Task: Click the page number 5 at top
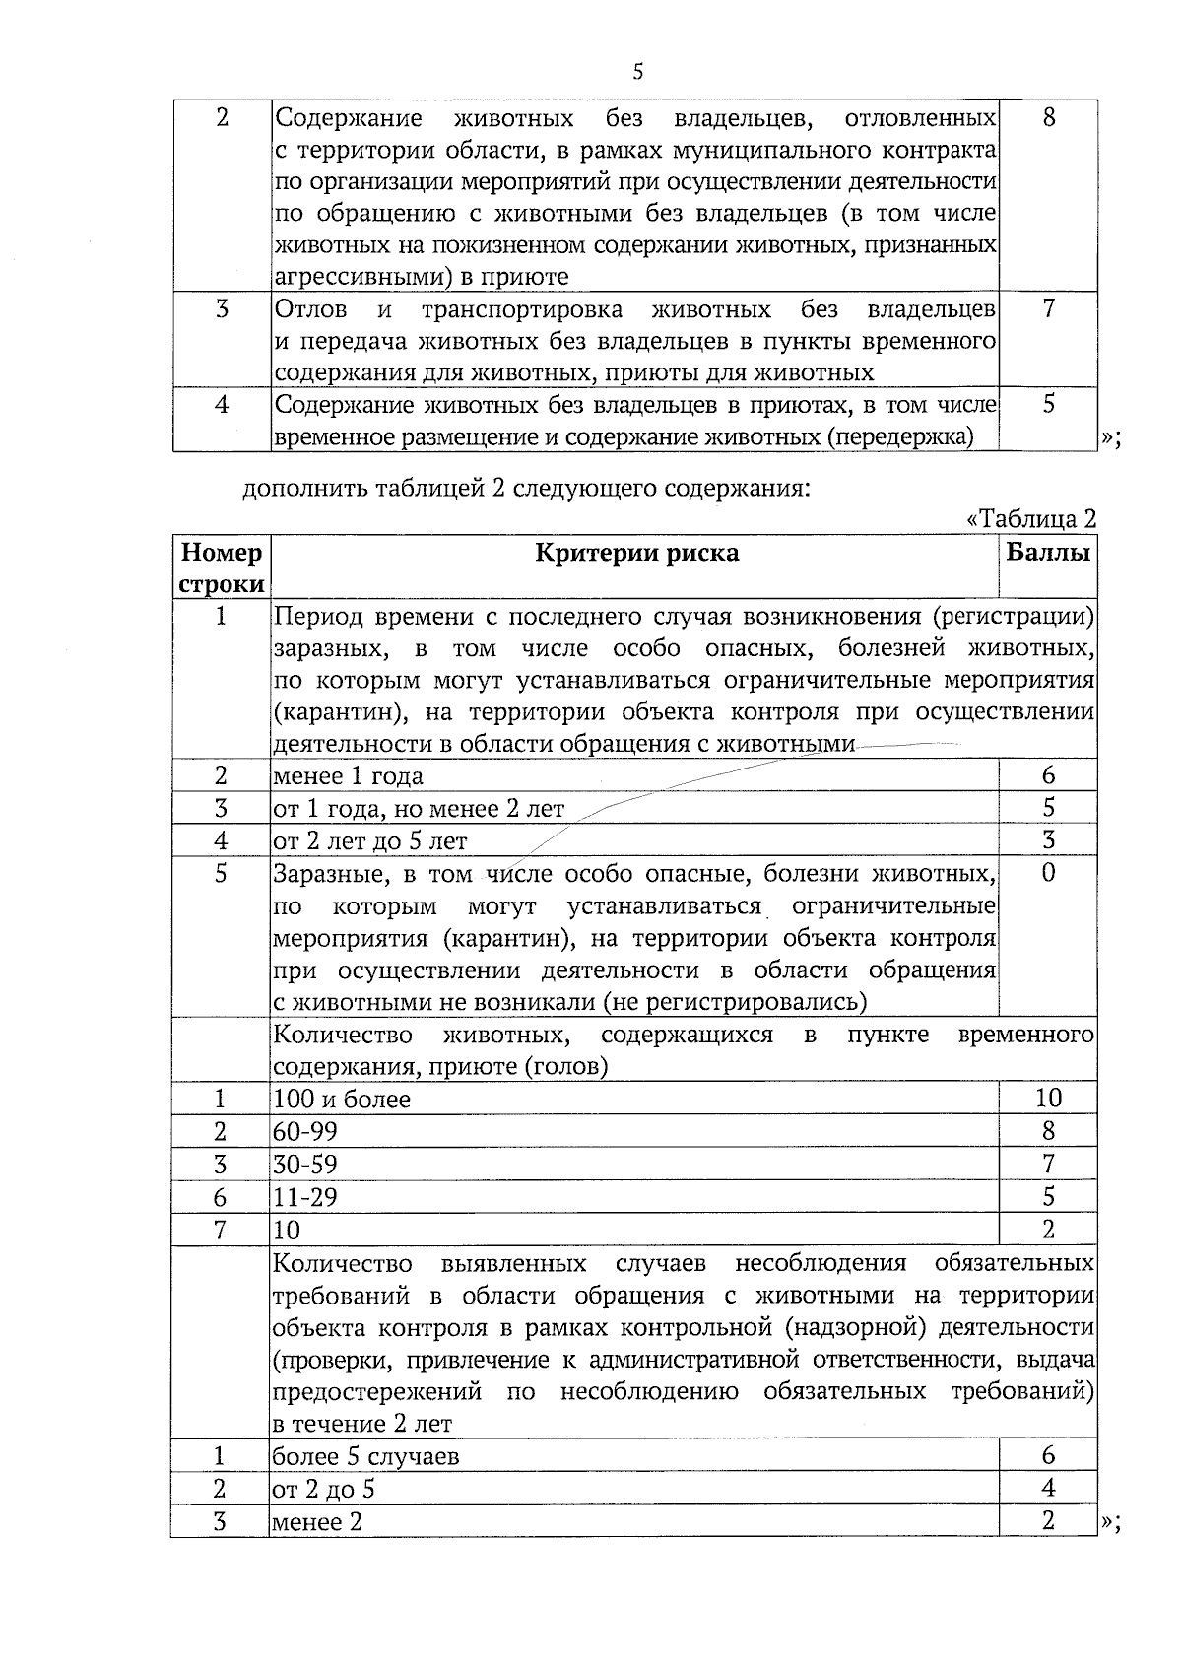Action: [x=638, y=71]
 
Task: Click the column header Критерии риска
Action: [x=636, y=553]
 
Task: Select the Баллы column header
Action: [x=1048, y=553]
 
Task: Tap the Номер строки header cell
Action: [x=222, y=568]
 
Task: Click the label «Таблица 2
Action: [x=1031, y=519]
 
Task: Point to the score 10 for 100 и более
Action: [x=1048, y=1098]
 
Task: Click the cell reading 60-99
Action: [x=305, y=1132]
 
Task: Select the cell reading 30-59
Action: [x=305, y=1165]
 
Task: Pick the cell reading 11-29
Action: [x=305, y=1197]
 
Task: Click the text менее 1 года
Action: [x=349, y=776]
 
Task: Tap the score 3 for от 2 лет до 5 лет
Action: [x=1048, y=840]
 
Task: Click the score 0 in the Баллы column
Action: [x=1048, y=873]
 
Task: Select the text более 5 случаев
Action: [x=365, y=1456]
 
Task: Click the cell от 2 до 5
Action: [x=324, y=1489]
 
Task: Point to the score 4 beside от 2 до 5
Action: [x=1048, y=1488]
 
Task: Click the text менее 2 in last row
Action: [x=317, y=1521]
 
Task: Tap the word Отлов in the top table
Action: [x=311, y=310]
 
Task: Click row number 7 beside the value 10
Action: [x=221, y=1230]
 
